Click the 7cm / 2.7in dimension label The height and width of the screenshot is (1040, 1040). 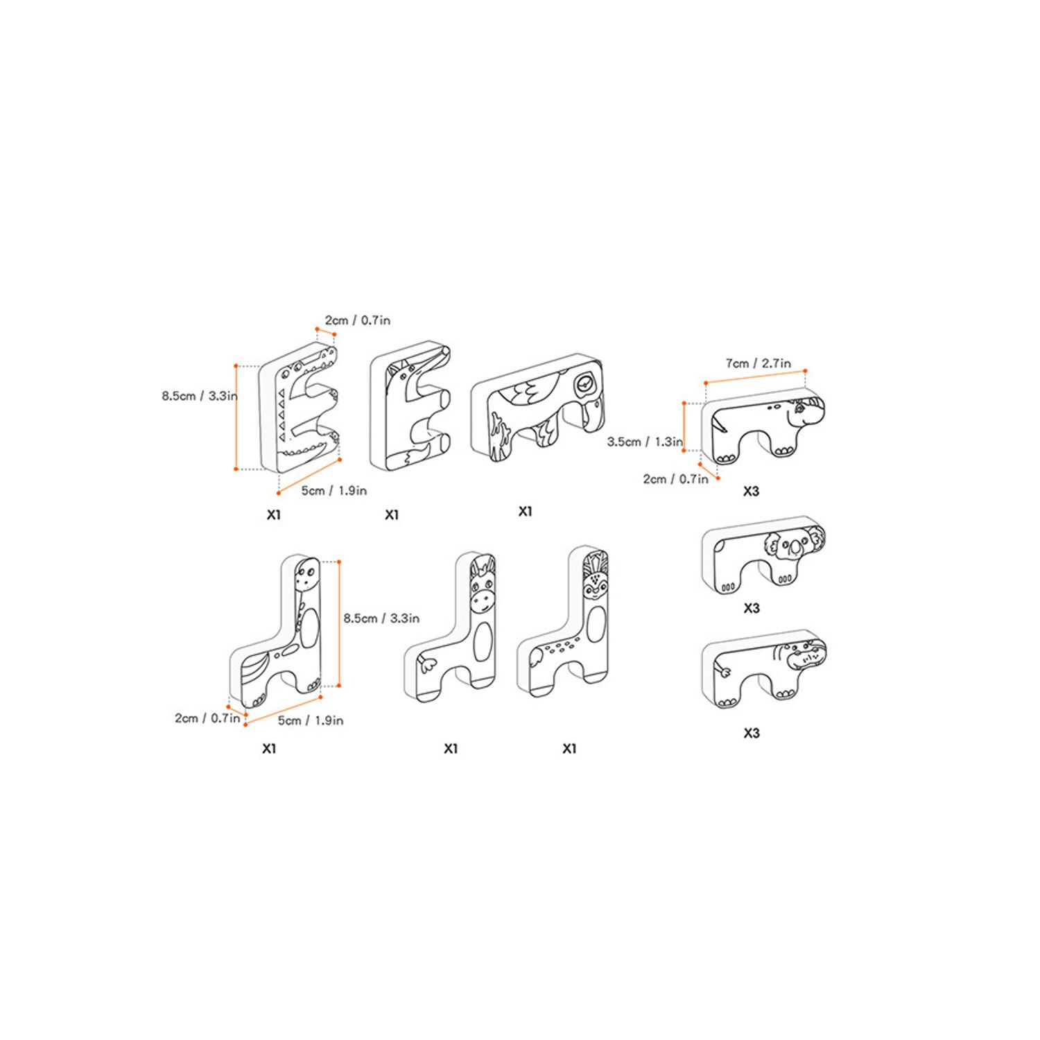coord(758,363)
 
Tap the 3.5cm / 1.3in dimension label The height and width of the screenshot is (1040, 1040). coord(645,442)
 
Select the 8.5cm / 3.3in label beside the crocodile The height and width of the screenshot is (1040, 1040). coord(200,396)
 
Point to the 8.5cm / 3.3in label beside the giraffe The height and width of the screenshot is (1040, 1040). coord(381,618)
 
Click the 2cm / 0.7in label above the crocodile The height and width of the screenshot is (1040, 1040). coord(357,320)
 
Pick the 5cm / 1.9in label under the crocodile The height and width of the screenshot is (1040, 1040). coord(333,490)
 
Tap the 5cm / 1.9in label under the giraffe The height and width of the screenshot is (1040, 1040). coord(311,720)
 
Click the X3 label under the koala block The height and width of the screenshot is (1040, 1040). coord(751,608)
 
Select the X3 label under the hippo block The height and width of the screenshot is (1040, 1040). coord(751,733)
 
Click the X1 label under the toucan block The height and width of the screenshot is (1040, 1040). coord(525,512)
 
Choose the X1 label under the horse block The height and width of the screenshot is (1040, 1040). coord(451,748)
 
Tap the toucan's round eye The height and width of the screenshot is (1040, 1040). coord(584,383)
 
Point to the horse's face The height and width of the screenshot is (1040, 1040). coord(483,586)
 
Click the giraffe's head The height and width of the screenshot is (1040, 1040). coord(306,575)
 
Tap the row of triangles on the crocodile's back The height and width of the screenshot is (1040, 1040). coord(281,416)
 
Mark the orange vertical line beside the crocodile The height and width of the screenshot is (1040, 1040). coord(236,417)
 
